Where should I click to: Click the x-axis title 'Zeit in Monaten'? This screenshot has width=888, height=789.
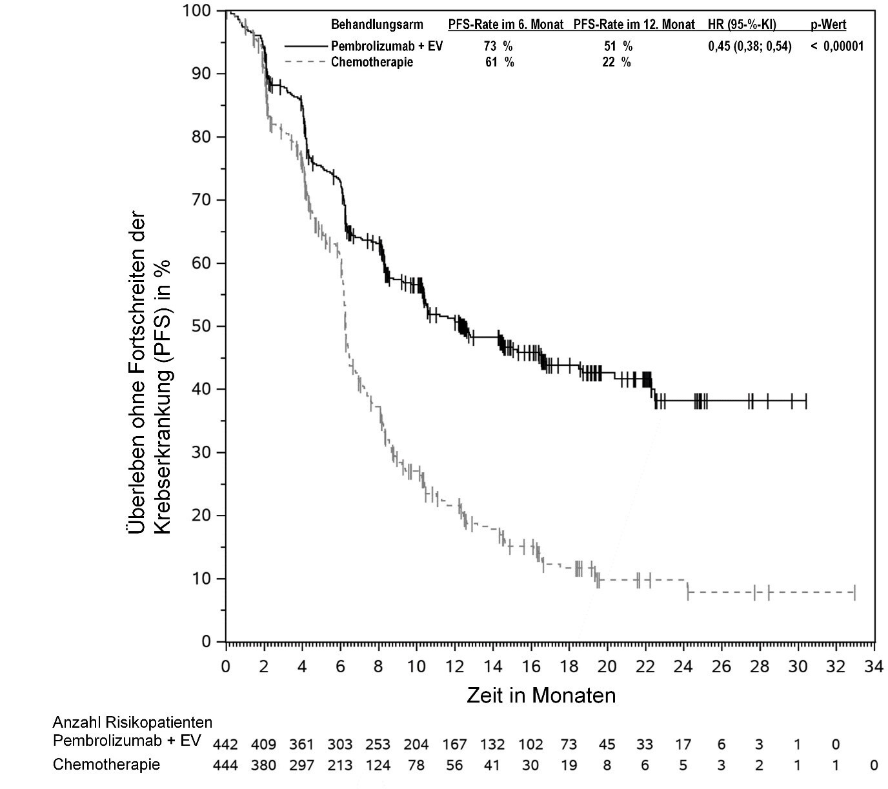coord(541,695)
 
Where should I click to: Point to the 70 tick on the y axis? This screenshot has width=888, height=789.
coord(223,200)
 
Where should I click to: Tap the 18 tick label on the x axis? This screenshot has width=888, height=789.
coord(569,666)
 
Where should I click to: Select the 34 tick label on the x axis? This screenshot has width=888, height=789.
coord(874,666)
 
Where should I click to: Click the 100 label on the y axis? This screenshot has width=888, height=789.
coord(196,10)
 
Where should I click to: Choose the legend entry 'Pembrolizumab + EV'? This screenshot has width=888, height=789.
coord(387,46)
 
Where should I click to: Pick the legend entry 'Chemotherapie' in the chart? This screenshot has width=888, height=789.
coord(372,62)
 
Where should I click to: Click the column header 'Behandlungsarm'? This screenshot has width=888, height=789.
coord(377,25)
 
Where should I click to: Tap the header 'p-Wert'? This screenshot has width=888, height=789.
coord(829,25)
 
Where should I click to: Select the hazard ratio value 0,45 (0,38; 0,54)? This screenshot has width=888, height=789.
coord(749,46)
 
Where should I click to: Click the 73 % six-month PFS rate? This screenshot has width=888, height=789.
coord(498,46)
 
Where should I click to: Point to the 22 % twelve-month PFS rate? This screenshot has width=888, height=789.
coord(617,62)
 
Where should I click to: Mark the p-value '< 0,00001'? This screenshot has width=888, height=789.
coord(837,46)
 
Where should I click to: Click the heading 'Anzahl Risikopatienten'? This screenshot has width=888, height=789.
coord(132,721)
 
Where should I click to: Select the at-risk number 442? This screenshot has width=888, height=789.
coord(225,744)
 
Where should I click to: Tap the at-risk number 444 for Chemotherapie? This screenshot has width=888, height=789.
coord(225,765)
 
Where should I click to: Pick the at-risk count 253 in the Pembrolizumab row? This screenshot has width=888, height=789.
coord(378,744)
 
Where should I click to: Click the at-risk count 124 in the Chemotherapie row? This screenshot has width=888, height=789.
coord(378,765)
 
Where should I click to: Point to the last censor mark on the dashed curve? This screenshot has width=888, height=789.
coord(854,592)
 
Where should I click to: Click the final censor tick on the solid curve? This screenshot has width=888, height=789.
coord(806,401)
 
